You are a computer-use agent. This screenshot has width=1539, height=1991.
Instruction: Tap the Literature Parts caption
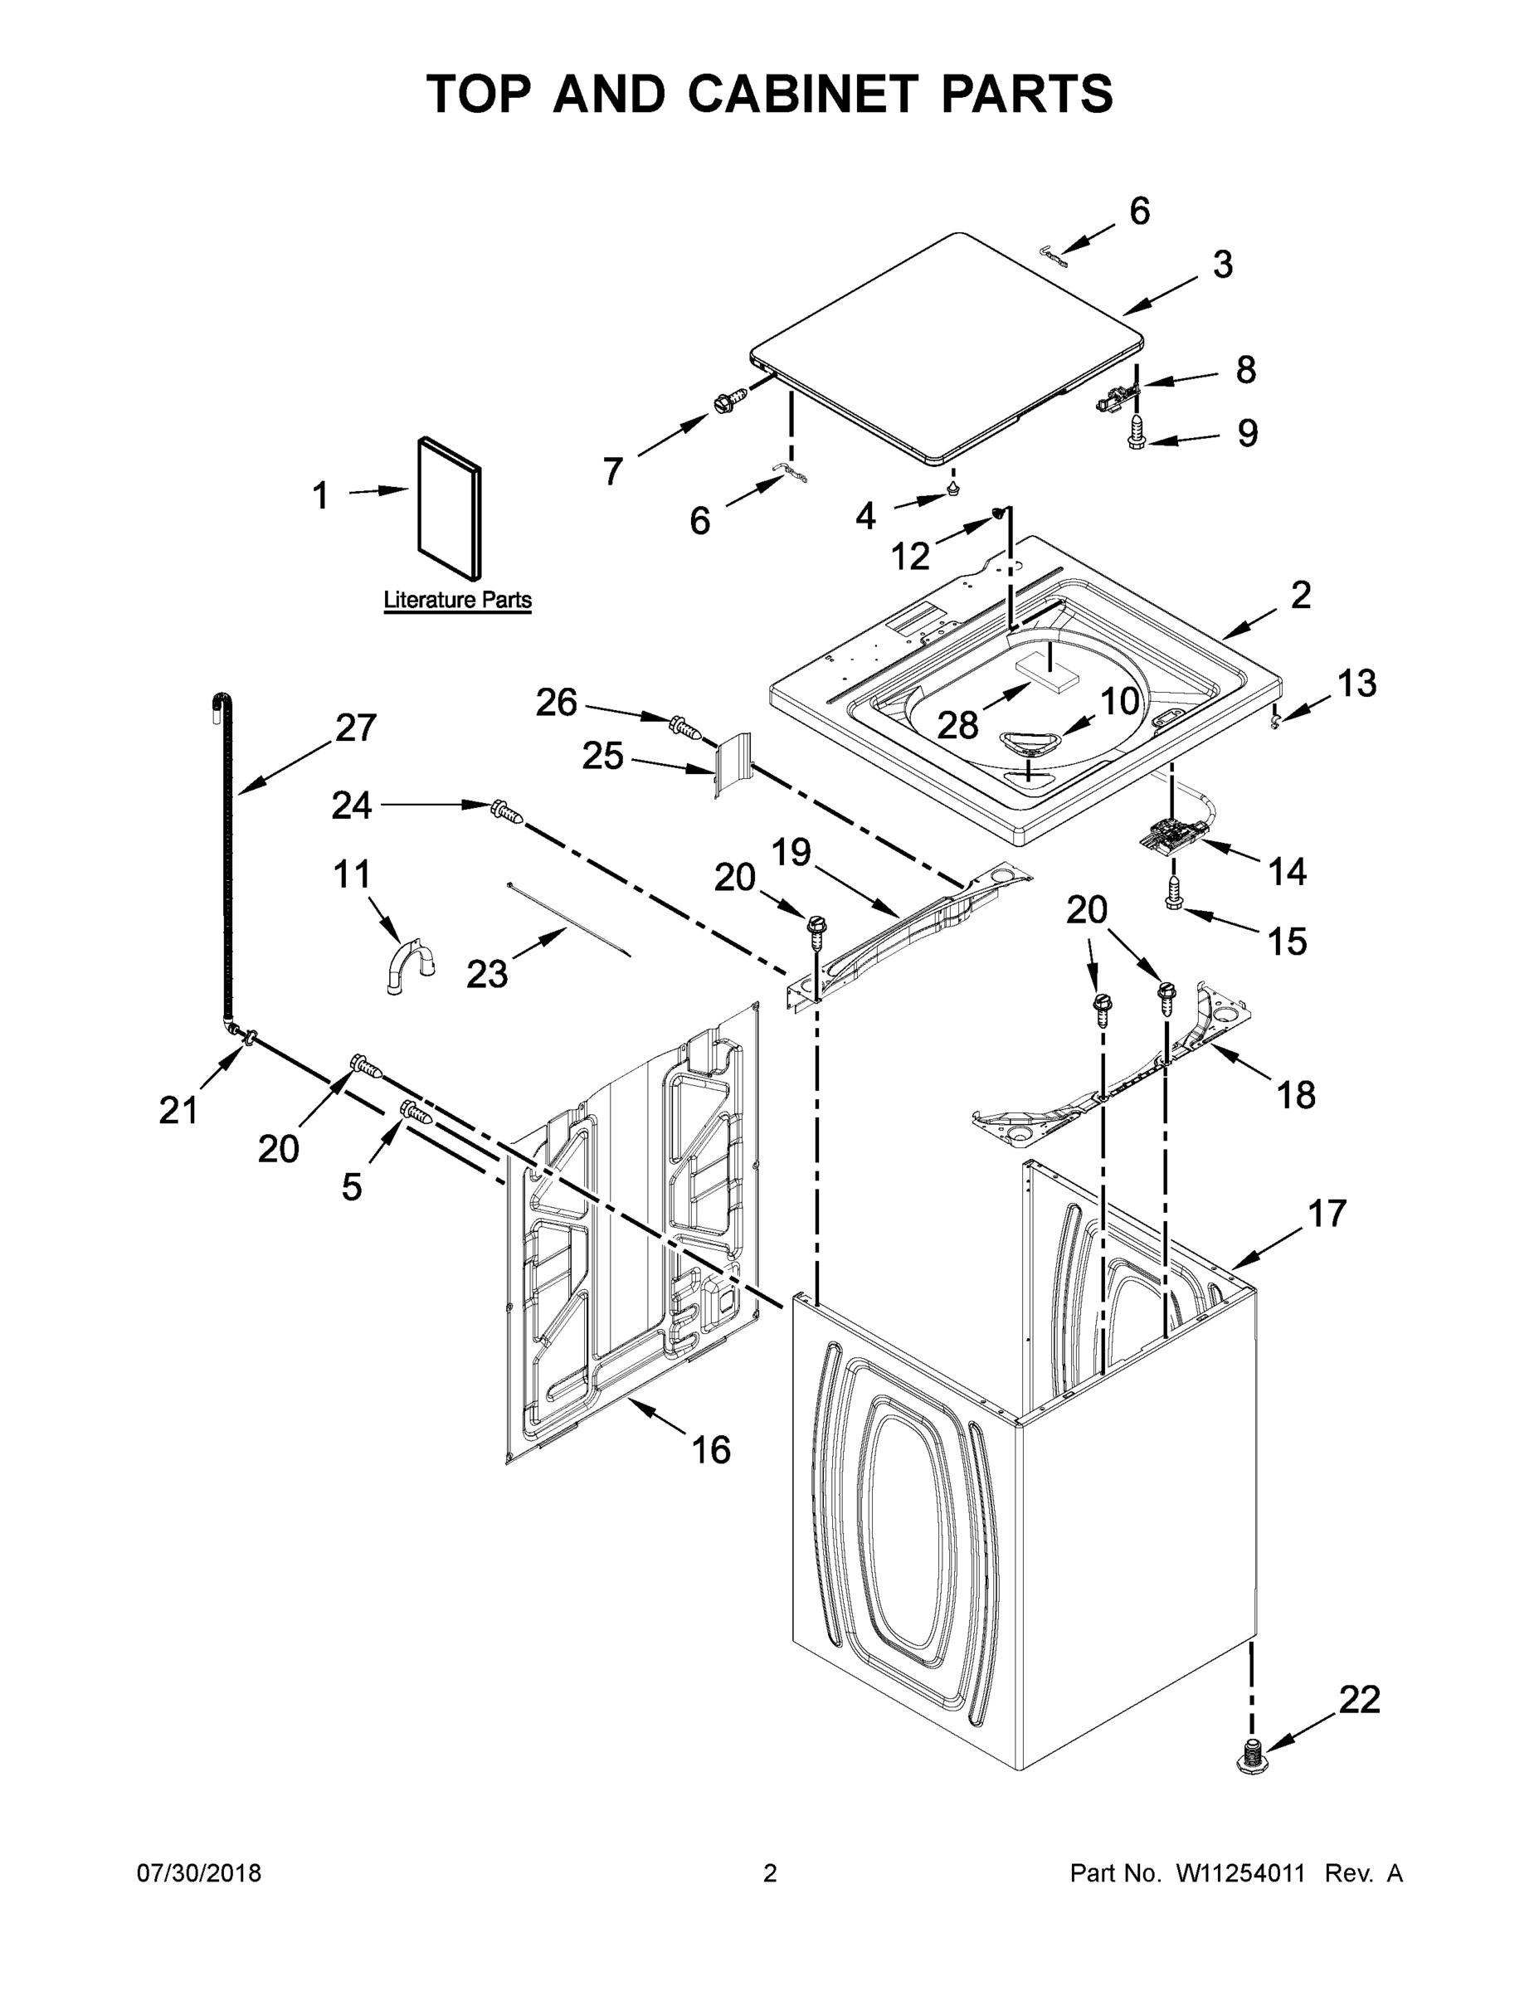(457, 600)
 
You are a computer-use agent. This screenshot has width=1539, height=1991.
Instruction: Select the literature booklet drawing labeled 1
(450, 508)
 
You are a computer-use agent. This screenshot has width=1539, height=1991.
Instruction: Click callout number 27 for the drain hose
(356, 728)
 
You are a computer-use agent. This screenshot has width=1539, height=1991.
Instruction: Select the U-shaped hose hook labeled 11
(407, 968)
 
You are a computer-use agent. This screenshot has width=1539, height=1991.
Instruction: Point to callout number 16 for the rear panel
(711, 1448)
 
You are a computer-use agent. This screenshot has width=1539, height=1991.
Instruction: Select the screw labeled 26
(684, 727)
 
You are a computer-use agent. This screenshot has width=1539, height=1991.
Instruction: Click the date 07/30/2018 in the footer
(199, 1872)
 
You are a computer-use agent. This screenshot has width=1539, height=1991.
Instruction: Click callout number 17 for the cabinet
(1327, 1214)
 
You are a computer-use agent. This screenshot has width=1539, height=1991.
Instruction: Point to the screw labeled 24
(506, 810)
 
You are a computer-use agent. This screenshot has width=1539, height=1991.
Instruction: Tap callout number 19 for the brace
(791, 852)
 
